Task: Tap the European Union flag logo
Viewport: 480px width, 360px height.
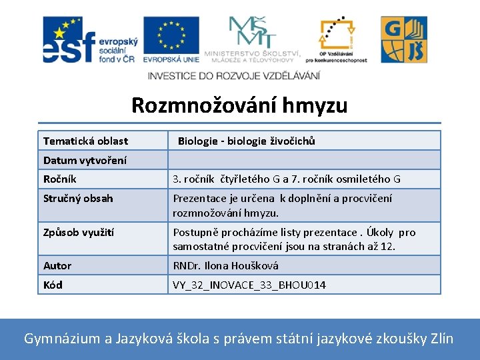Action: tap(171, 39)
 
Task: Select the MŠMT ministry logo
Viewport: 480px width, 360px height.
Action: tap(252, 39)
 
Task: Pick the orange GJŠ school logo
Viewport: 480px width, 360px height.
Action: tap(404, 39)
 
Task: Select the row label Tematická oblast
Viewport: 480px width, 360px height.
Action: tap(85, 141)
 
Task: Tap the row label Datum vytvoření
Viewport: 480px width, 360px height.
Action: tap(85, 160)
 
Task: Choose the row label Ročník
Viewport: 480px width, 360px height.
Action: tap(60, 179)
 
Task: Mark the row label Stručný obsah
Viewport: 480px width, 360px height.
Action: tap(78, 198)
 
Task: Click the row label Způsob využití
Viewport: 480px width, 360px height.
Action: tap(79, 232)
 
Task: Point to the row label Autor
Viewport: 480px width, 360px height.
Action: tap(57, 265)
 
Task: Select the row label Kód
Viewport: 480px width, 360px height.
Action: tap(53, 285)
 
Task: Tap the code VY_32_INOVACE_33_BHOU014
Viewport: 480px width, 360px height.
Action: tap(249, 285)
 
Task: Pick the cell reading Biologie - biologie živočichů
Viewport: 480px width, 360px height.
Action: tap(246, 141)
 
